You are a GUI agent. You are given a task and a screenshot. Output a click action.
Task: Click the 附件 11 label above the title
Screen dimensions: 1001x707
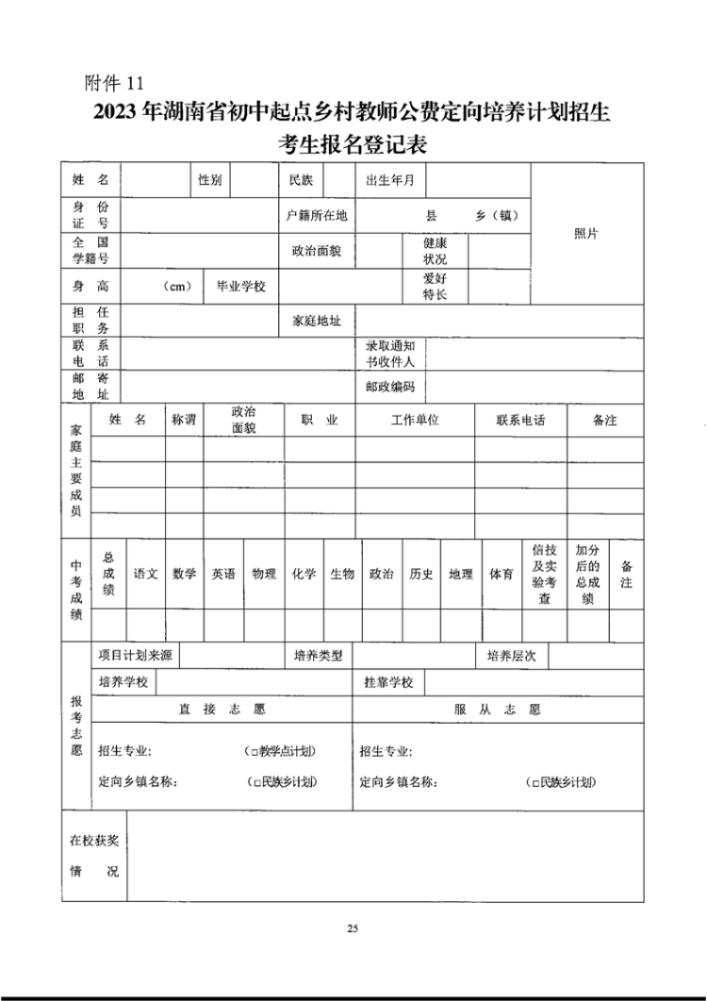(114, 83)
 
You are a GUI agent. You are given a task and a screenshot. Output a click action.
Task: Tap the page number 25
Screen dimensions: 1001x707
(353, 929)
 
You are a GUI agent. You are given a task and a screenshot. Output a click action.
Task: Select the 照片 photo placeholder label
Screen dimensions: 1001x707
(586, 234)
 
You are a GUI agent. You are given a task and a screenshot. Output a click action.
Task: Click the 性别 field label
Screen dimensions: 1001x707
(209, 179)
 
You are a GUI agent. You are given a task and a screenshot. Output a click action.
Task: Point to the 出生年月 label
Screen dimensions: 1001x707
(389, 179)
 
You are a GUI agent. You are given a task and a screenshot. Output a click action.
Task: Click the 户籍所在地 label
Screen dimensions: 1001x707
(317, 215)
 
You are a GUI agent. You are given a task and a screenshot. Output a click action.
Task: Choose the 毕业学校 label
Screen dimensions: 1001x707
(241, 286)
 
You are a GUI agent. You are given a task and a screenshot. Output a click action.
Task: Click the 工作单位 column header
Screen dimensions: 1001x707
(415, 420)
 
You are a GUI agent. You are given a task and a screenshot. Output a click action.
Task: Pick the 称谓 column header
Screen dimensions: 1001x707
(184, 420)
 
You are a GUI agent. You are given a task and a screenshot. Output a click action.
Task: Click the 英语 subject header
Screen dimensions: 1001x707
(223, 574)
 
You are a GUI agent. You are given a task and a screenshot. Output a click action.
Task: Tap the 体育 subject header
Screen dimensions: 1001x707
(501, 574)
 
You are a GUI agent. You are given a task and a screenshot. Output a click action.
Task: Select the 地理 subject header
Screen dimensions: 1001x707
(461, 574)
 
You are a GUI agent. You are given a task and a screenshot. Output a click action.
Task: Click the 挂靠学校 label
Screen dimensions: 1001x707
(389, 682)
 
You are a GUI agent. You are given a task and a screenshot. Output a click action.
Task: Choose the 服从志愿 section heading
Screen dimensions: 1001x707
(497, 709)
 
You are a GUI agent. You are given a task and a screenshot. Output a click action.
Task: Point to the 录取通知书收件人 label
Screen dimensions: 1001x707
(389, 354)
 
